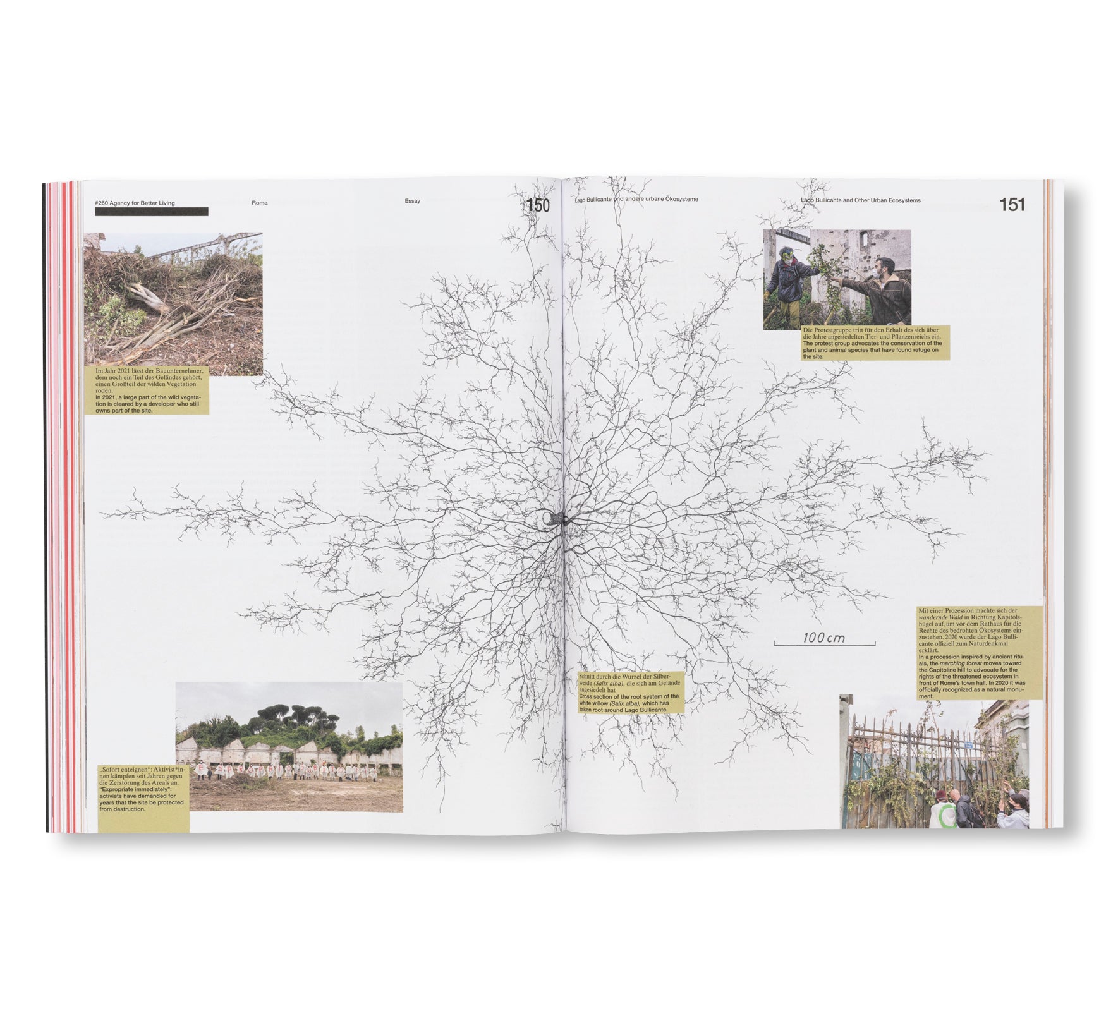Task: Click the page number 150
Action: click(x=538, y=205)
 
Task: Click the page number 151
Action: click(x=1012, y=205)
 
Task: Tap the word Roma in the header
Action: click(x=260, y=203)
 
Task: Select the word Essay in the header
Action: click(x=413, y=201)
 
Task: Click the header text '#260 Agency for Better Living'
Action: click(x=135, y=203)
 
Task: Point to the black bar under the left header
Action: click(x=151, y=212)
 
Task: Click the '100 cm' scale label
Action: click(x=823, y=638)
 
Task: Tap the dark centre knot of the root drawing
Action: click(x=555, y=519)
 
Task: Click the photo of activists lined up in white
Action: click(x=289, y=747)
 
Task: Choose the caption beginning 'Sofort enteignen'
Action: click(x=143, y=796)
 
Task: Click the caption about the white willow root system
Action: click(x=630, y=693)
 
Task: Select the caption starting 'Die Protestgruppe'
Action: click(x=875, y=343)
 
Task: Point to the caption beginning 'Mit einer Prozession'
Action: click(x=979, y=653)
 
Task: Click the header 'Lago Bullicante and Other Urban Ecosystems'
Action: click(x=860, y=200)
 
